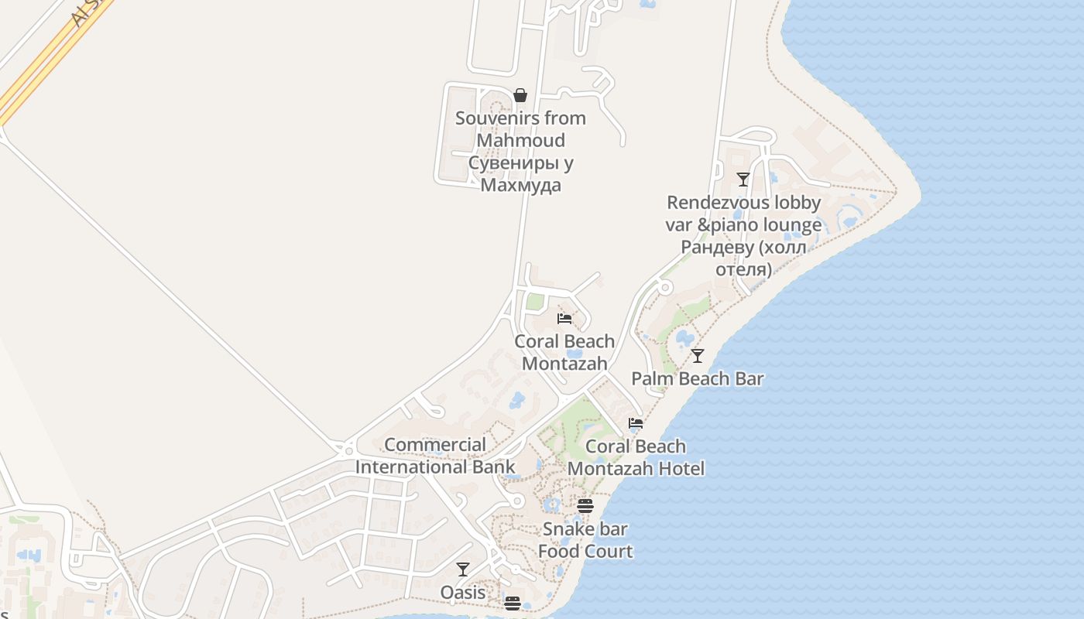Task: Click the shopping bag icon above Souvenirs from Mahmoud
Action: click(520, 95)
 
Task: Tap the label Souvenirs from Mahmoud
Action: click(520, 129)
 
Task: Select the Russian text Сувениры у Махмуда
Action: click(520, 174)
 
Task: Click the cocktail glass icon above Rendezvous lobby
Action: click(743, 180)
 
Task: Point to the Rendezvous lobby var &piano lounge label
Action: click(743, 214)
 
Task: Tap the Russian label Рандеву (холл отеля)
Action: click(743, 258)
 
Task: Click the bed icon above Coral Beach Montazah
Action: click(564, 318)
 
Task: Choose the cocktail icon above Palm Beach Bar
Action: click(698, 356)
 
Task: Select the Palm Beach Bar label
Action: click(698, 378)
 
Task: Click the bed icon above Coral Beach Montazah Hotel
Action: click(636, 423)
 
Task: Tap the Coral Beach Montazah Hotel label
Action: click(636, 457)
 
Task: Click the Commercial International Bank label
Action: click(435, 456)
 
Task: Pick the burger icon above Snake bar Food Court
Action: click(585, 506)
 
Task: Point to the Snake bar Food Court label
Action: click(585, 540)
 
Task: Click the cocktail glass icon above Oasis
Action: click(463, 569)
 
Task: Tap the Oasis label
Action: click(463, 593)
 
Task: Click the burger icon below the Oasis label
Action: click(512, 604)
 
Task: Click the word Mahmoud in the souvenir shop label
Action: click(520, 140)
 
